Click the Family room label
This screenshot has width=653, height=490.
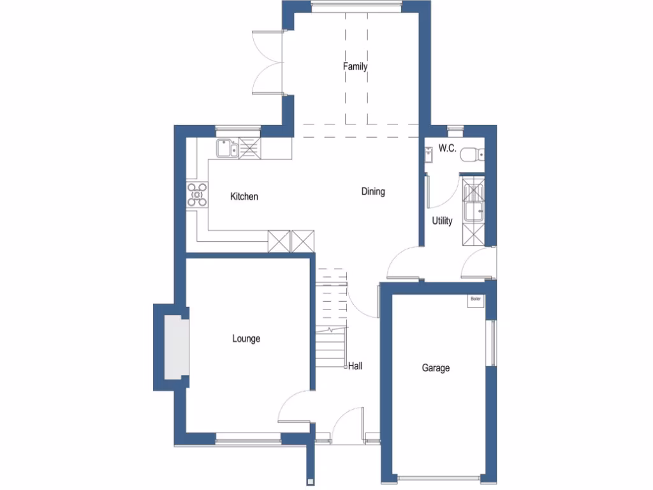[355, 66]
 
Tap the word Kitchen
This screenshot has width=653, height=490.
[244, 197]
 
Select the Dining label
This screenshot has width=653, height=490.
[373, 191]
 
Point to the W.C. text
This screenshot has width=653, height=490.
[447, 149]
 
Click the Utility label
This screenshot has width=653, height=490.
[442, 221]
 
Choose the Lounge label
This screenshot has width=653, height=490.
[246, 339]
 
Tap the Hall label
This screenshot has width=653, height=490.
[355, 366]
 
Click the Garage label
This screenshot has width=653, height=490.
[436, 367]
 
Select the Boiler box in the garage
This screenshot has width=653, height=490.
[475, 301]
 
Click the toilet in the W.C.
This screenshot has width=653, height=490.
[473, 153]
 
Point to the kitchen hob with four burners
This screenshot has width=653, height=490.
[197, 194]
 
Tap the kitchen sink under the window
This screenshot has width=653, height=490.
[226, 149]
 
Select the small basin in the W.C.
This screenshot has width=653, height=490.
[429, 154]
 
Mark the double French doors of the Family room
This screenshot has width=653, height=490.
[268, 62]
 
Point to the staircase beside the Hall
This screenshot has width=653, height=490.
[331, 319]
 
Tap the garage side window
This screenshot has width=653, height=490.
[491, 343]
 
